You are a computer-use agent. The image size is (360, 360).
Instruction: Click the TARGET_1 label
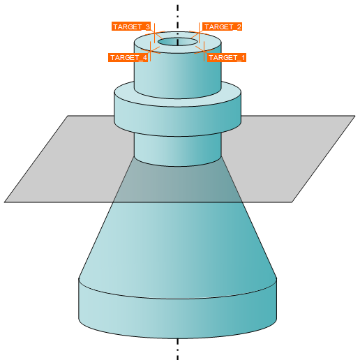[226, 57]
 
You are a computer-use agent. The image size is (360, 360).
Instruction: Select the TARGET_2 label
[223, 27]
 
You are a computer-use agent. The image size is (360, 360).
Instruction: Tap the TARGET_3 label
[131, 27]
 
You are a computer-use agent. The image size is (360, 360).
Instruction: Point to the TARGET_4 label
[128, 57]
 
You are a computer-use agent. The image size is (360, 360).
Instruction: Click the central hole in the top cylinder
[178, 42]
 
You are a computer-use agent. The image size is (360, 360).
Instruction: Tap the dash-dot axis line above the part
[178, 20]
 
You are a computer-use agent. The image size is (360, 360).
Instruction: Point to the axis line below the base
[178, 350]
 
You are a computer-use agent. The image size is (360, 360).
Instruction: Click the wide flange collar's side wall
[178, 121]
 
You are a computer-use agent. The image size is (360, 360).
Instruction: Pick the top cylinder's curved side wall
[178, 75]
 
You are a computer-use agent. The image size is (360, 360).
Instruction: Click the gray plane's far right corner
[355, 116]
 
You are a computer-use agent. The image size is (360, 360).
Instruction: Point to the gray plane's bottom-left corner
[4, 202]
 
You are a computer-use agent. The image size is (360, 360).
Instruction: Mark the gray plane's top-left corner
[68, 116]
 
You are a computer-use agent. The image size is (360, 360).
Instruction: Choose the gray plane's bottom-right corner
[292, 202]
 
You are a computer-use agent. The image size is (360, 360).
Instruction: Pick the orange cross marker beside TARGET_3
[155, 33]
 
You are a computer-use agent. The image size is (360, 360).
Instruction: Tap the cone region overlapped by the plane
[178, 183]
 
